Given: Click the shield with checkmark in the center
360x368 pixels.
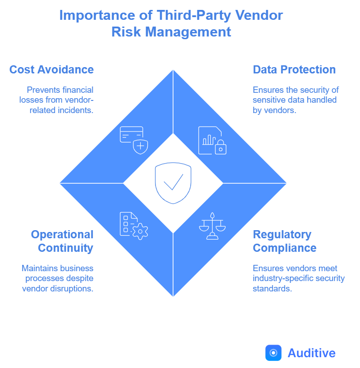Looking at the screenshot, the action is point(173,183).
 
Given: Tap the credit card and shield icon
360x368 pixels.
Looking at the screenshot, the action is point(134,140).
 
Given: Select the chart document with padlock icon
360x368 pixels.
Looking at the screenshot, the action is point(212,140).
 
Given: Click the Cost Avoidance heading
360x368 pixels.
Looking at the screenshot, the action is point(51,70).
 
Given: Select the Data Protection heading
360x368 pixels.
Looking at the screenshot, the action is point(294,70).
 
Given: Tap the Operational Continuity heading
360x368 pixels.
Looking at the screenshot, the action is point(62,241).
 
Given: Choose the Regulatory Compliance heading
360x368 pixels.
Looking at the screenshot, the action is point(284,241).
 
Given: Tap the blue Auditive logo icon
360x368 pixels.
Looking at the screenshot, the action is point(273,353).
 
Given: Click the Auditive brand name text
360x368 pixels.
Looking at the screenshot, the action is point(312,353).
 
